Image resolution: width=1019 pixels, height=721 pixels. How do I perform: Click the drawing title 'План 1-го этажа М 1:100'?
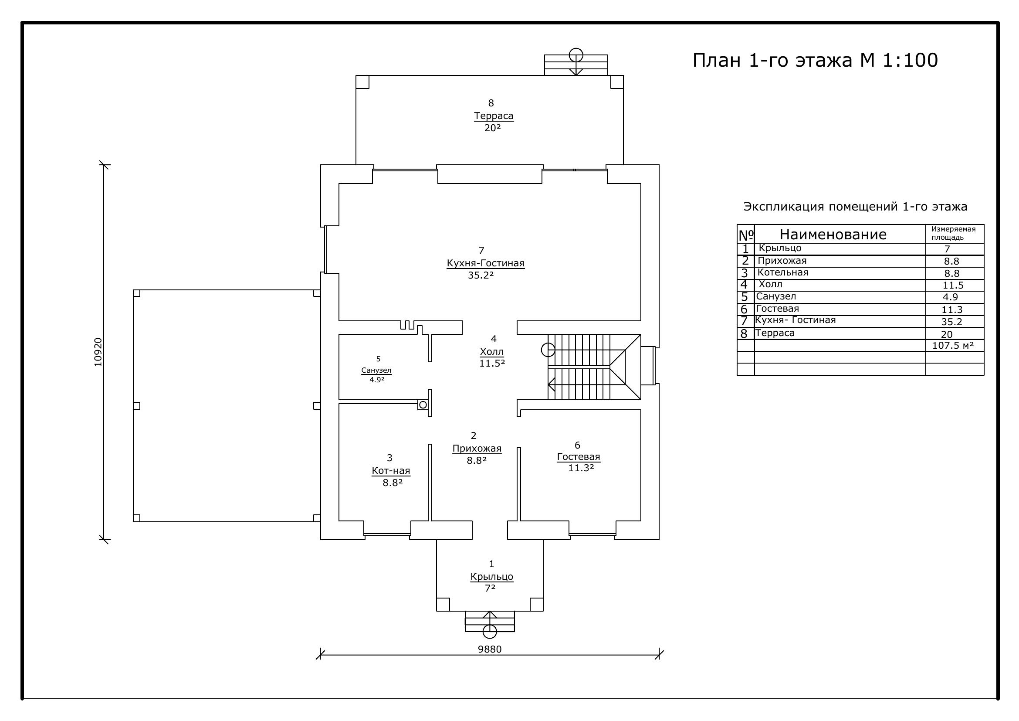[x=815, y=61]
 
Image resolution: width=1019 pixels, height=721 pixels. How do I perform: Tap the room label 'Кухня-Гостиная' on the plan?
[x=485, y=263]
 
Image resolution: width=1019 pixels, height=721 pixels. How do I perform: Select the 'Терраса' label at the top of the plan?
[x=494, y=116]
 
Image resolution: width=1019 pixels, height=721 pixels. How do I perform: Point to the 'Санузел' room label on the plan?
[x=376, y=370]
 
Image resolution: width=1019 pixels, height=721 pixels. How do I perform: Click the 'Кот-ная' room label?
[x=391, y=471]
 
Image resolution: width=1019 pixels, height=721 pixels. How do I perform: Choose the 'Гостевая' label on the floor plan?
[x=579, y=457]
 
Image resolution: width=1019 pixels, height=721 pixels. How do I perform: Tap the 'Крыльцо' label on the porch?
[x=492, y=577]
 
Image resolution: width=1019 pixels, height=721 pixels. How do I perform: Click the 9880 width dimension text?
[x=490, y=649]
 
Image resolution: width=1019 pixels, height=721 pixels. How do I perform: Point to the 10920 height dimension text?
[x=98, y=352]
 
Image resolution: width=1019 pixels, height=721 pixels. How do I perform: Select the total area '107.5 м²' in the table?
[x=953, y=345]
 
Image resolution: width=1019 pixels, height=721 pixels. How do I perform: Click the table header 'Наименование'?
[x=833, y=235]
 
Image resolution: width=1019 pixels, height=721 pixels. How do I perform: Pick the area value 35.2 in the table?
[x=952, y=322]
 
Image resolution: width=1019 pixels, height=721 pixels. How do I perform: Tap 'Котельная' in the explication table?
[x=783, y=272]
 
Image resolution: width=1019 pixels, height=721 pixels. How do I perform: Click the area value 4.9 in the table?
[x=950, y=297]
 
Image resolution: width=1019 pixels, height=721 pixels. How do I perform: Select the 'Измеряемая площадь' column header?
[x=953, y=234]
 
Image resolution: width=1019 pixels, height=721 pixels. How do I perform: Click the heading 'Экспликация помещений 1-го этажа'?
[x=855, y=207]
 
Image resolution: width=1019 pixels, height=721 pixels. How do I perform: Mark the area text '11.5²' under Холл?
[x=492, y=363]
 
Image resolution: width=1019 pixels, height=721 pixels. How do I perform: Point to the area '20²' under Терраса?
[x=492, y=128]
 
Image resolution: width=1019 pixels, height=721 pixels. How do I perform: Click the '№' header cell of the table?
[x=746, y=235]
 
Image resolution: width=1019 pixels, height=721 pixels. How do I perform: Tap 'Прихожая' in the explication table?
[x=782, y=261]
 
